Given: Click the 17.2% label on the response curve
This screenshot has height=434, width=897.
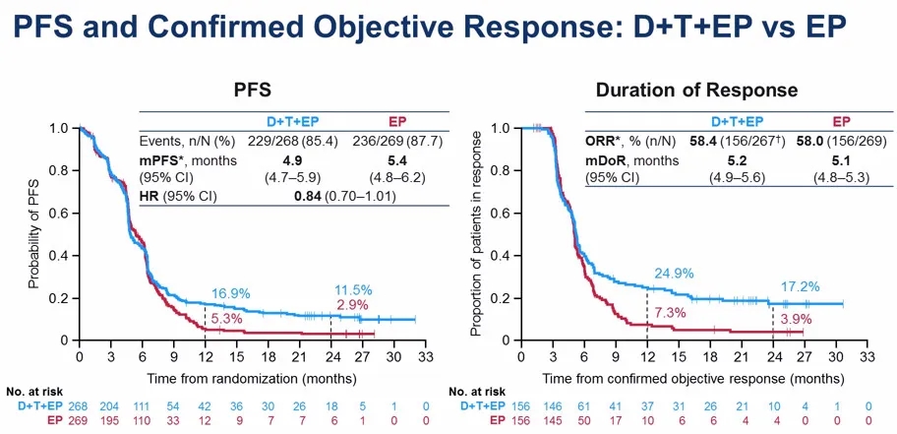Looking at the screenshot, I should click(801, 285).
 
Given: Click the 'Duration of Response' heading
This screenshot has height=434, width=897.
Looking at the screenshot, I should click(696, 91).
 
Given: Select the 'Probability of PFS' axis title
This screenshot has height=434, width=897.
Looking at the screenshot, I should click(34, 234).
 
